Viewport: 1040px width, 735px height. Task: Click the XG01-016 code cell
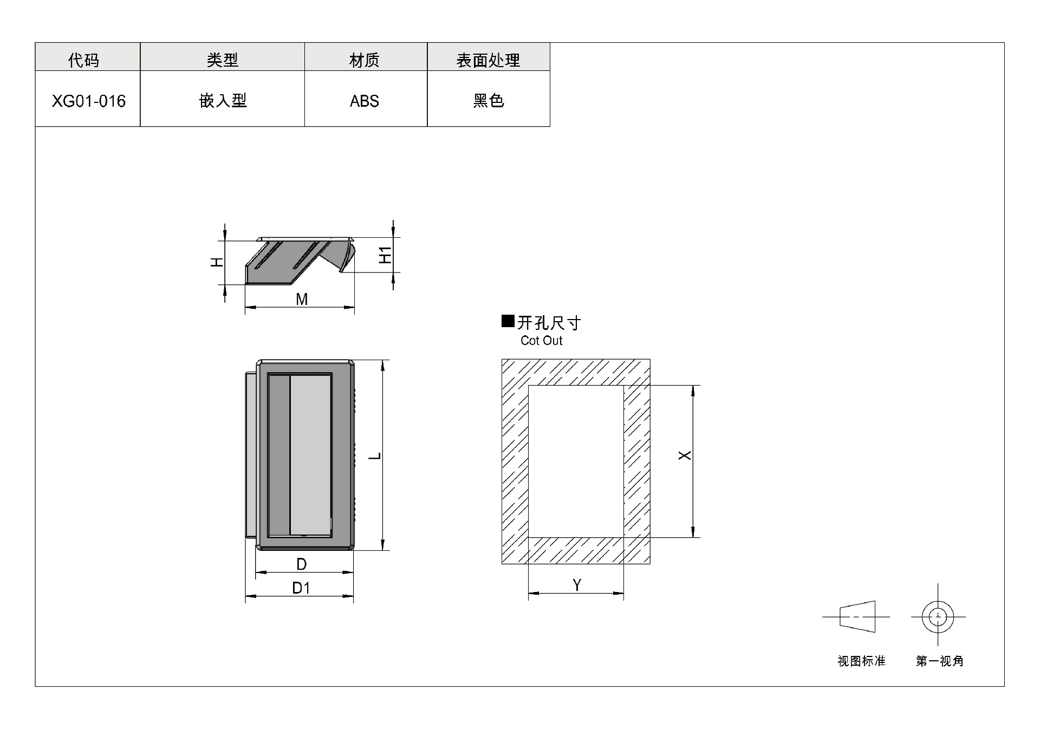tap(88, 101)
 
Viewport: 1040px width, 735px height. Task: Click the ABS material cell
tap(365, 101)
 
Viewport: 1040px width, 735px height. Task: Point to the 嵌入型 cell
tap(223, 100)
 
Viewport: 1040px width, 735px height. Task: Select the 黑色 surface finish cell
tap(489, 100)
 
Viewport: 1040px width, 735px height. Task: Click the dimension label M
tap(302, 299)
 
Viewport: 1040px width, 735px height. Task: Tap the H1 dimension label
tap(385, 255)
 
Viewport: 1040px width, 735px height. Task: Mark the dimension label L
tap(375, 456)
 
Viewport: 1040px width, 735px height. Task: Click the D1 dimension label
tap(301, 588)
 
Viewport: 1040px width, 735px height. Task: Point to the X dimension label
tap(685, 456)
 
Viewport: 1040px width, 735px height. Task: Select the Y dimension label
tap(577, 585)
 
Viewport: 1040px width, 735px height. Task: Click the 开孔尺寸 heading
tap(549, 323)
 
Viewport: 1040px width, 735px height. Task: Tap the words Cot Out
tap(541, 341)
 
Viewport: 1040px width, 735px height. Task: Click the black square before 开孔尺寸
tap(508, 321)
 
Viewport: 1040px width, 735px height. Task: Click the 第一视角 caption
tap(940, 661)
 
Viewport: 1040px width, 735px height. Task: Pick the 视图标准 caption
tap(861, 661)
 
